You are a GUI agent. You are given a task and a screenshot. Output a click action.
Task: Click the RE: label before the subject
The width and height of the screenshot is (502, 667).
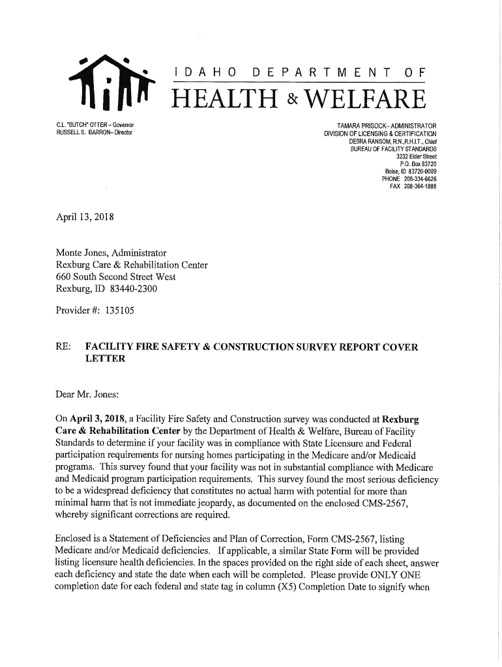point(63,347)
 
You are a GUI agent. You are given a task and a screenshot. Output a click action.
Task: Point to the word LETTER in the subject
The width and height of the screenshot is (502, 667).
point(105,359)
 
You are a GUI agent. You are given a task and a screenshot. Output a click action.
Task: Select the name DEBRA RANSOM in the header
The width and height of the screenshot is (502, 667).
point(372,141)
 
